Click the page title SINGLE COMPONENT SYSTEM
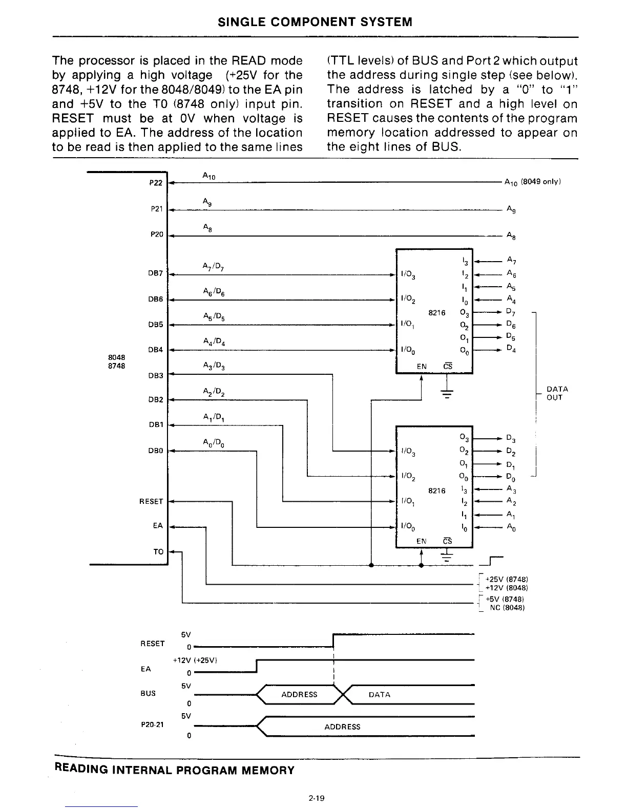point(315,22)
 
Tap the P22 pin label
point(156,183)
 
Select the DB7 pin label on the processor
point(155,273)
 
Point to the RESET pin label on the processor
point(151,501)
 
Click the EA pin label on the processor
point(158,526)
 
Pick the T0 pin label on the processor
point(158,551)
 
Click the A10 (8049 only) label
point(533,182)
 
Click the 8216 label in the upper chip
point(436,313)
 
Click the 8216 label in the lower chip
point(436,490)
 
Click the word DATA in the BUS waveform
point(379,695)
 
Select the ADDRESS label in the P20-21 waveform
point(342,727)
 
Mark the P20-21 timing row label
point(152,724)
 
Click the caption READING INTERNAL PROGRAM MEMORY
point(174,770)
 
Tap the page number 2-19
point(317,798)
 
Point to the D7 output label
point(511,312)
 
